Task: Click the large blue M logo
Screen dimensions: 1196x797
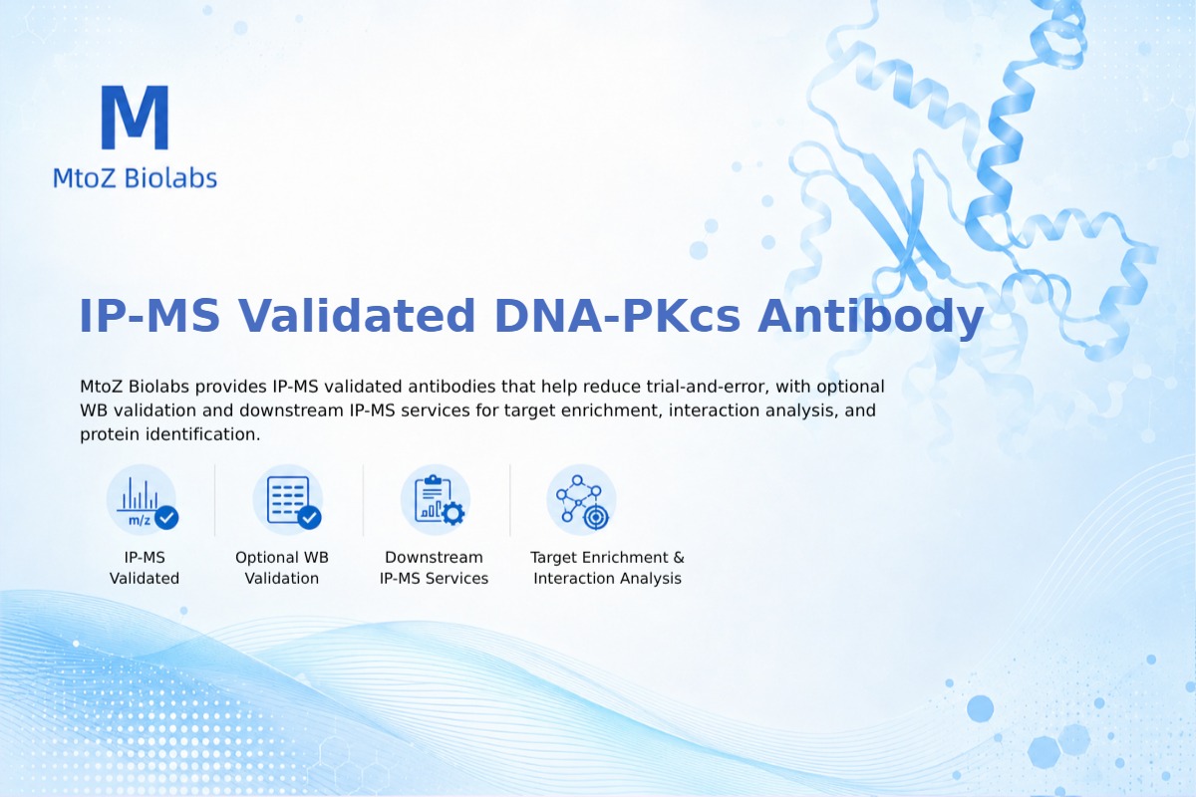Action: (136, 117)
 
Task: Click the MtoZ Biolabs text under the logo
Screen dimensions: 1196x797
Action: (136, 177)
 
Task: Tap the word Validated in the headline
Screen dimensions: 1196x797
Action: (356, 316)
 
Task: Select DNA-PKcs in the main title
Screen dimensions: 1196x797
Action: (617, 316)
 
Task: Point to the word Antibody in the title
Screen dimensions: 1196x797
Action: (870, 317)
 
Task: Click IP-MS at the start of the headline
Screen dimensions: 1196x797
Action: (149, 316)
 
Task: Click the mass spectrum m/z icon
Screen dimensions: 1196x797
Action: (142, 500)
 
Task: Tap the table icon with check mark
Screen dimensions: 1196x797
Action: (288, 500)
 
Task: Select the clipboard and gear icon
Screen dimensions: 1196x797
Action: (436, 500)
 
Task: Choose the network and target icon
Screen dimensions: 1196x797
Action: (581, 500)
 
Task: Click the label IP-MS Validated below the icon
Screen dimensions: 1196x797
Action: (145, 568)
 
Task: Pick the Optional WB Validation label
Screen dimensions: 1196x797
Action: (282, 568)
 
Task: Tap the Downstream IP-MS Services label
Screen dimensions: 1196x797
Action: (435, 568)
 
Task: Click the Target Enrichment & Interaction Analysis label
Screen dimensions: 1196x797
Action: (607, 568)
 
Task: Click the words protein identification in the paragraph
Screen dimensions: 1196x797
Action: (169, 434)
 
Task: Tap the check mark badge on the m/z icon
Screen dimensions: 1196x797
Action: (166, 517)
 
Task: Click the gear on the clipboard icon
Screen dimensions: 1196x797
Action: (453, 513)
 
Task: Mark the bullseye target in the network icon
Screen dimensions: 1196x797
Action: (595, 517)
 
